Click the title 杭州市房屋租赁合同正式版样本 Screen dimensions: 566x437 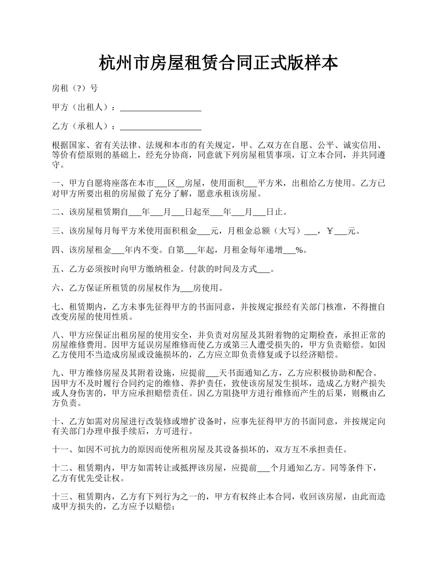[218, 64]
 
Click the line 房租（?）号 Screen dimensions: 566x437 [75, 88]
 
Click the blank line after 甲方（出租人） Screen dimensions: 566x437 [161, 109]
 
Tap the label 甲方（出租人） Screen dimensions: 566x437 [82, 107]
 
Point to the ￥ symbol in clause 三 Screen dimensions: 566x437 [329, 231]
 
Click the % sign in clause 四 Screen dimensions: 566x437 [299, 250]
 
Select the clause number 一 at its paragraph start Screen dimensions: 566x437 [56, 183]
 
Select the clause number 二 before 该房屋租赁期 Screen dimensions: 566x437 [56, 212]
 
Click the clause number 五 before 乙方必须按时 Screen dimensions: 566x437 [56, 269]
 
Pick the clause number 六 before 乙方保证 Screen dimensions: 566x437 [56, 289]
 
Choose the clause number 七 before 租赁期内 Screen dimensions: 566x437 [56, 307]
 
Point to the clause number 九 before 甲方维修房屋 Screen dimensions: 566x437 [56, 372]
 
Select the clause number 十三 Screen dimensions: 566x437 [60, 497]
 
